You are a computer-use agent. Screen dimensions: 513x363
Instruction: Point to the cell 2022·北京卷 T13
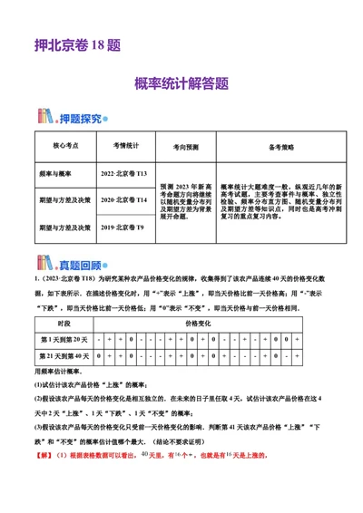[x=123, y=171]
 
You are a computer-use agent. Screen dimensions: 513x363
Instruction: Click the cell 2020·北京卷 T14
[x=123, y=198]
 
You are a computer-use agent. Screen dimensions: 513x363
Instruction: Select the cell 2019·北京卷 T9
[x=123, y=225]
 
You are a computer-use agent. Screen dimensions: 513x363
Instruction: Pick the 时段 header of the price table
[x=64, y=324]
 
